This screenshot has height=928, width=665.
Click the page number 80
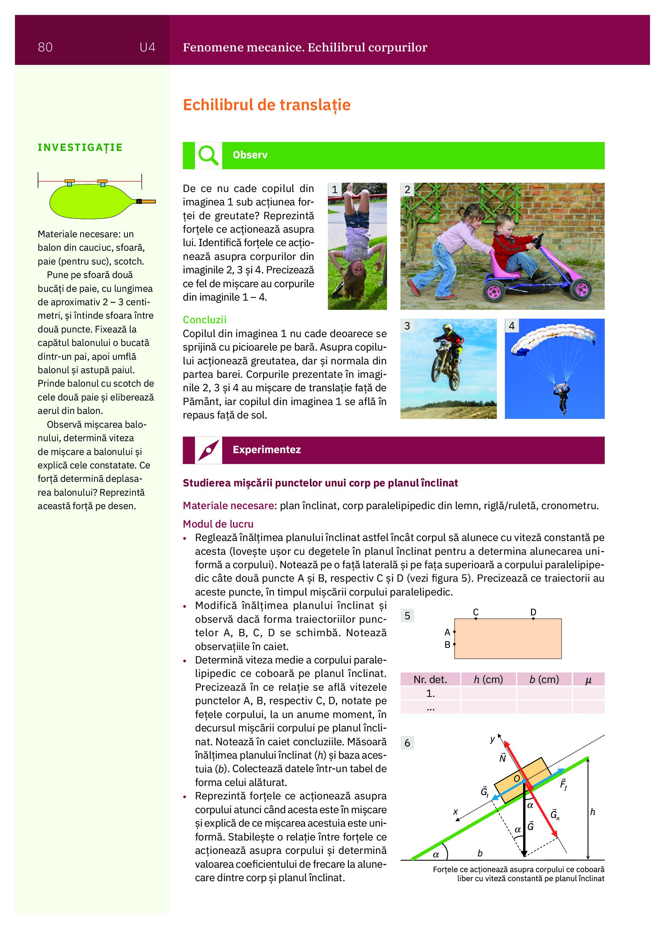[45, 48]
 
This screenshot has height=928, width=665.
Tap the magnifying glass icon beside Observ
[208, 155]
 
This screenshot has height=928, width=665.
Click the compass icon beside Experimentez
[208, 450]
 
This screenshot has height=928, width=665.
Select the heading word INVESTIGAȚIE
[80, 147]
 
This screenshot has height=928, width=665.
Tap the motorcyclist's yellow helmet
[448, 329]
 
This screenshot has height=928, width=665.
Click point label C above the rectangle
[476, 612]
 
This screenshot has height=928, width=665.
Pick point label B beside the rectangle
[447, 644]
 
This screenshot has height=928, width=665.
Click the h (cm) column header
[488, 680]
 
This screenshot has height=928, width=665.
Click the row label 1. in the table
[430, 693]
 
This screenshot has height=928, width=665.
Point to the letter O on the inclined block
[516, 779]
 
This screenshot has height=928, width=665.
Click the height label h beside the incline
[592, 812]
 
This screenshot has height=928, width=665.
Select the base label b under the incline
[480, 853]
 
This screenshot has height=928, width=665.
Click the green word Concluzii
[204, 320]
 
